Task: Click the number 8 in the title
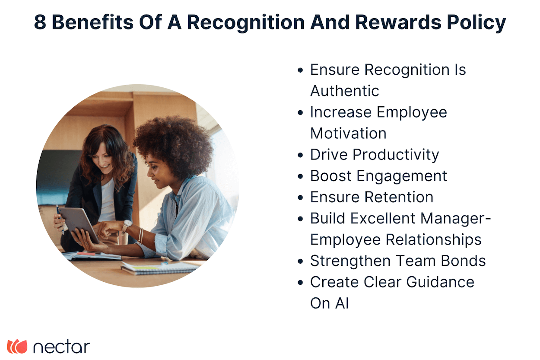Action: click(x=40, y=22)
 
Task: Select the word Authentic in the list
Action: click(x=345, y=91)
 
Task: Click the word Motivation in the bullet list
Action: click(x=348, y=133)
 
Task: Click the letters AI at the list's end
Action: click(x=341, y=303)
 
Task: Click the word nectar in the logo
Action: click(x=61, y=347)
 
